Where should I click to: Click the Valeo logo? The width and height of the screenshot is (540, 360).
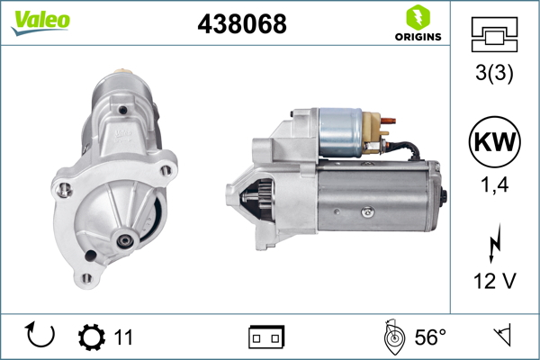[x=40, y=22]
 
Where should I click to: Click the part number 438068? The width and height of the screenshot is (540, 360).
[x=241, y=24]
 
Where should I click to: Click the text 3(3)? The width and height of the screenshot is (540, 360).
[x=493, y=74]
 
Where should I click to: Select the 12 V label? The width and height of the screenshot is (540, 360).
[x=493, y=282]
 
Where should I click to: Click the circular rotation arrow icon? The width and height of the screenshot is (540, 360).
[x=40, y=337]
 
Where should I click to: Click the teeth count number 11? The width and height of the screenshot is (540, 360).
[x=123, y=337]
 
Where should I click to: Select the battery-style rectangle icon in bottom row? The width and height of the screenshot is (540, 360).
[x=266, y=337]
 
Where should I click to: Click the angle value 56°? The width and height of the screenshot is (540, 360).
[x=430, y=337]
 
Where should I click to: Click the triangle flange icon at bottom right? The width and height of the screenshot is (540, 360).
[x=501, y=337]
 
